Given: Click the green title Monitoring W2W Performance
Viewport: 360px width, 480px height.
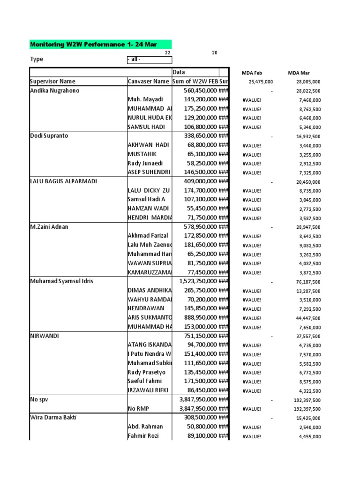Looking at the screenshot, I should pos(93,45).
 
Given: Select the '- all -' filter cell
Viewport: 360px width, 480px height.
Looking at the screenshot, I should pos(149,60).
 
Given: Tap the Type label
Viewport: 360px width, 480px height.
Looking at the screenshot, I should pos(37,60).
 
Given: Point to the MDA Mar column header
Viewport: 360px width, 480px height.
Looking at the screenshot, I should pos(299,73).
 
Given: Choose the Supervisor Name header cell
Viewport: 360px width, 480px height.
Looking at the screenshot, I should pos(52,82).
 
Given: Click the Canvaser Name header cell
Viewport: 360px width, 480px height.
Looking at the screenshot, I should pos(148,82).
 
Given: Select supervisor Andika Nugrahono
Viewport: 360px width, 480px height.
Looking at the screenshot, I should pos(54,90).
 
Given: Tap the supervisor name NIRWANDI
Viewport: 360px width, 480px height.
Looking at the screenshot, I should pos(45,336).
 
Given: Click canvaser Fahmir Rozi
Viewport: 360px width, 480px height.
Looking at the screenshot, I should pos(143,436).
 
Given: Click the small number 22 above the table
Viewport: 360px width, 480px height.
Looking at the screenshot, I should pos(167,53).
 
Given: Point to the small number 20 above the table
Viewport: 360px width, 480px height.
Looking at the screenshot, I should pos(215,53).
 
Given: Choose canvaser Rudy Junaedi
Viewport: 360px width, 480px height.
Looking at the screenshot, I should pos(146,163).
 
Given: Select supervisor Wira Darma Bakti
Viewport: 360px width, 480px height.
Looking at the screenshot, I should pos(54,417).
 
